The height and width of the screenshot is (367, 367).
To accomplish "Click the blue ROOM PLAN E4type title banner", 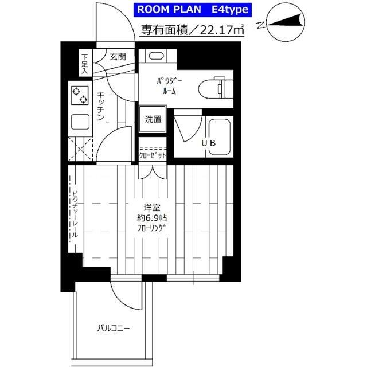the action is point(193,10).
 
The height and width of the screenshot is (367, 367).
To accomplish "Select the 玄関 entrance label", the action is point(118,57).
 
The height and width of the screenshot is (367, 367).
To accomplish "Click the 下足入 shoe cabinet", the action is point(85,63).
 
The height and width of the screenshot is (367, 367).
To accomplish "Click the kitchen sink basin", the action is point(80,122).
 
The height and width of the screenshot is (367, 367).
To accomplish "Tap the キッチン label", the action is point(100,106).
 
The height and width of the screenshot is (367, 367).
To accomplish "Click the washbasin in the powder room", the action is point(156,56).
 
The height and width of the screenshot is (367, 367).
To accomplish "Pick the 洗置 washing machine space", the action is point(153,119).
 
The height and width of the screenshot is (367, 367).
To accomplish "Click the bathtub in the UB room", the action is point(219,137).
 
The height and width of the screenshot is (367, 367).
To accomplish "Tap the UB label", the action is point(209,143).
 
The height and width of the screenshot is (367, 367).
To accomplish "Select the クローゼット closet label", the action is point(153,155).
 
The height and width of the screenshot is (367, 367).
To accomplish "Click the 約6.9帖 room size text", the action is point(151,218).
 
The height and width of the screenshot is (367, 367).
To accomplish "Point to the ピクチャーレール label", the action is point(75,214).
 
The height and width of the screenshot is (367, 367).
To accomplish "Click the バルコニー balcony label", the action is point(114,329).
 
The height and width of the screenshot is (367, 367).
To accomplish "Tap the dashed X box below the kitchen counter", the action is point(80,149).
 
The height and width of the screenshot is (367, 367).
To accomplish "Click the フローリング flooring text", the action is point(151,228).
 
